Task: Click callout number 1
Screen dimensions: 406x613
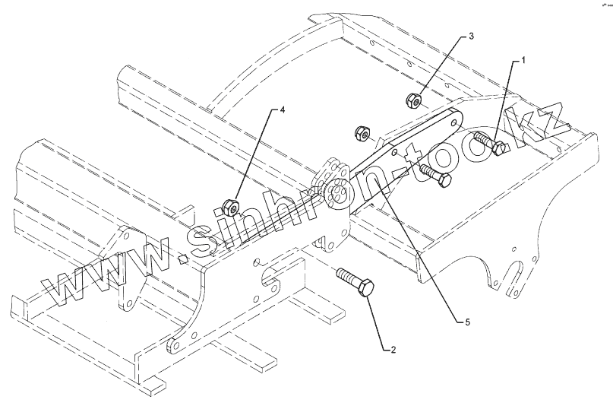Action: pyautogui.click(x=523, y=58)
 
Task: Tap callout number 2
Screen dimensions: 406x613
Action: pyautogui.click(x=392, y=350)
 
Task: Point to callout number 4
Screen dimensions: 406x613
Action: pyautogui.click(x=283, y=110)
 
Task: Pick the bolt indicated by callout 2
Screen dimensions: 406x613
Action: pyautogui.click(x=355, y=281)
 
